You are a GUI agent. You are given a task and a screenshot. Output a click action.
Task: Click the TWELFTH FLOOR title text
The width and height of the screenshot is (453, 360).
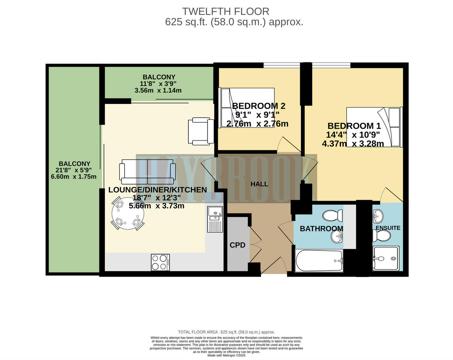[226, 11]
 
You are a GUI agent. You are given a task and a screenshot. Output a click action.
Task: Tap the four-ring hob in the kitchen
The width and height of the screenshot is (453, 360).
[160, 262]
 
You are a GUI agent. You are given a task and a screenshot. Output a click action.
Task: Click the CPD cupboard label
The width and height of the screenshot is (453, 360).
[238, 245]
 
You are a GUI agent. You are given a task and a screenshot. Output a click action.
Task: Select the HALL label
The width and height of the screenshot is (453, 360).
[259, 184]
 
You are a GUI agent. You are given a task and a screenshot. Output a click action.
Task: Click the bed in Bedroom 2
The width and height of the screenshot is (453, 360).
[247, 108]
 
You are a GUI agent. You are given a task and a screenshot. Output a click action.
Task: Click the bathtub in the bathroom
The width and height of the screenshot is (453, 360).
[319, 261]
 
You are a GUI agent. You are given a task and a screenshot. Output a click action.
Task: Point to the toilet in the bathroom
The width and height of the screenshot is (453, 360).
[333, 216]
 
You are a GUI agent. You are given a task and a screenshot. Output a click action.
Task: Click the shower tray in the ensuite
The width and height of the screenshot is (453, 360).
[385, 258]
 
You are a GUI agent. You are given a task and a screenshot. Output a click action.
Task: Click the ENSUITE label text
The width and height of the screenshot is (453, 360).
[388, 228]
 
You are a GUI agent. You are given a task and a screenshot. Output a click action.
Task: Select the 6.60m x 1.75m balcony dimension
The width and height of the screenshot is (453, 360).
[71, 177]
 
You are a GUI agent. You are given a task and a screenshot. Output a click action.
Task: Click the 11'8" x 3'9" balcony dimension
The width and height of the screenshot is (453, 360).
[159, 83]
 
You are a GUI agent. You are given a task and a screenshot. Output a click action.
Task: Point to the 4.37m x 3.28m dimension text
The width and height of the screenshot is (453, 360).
[353, 144]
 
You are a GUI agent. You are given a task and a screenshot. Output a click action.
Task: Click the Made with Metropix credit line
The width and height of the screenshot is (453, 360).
[226, 355]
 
